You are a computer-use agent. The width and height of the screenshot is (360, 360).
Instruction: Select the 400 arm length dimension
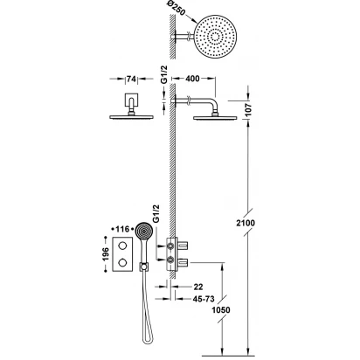pos(192,79)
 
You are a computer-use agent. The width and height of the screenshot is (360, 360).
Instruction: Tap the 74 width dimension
pos(131,79)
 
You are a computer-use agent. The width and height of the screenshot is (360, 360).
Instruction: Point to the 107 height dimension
pos(248,110)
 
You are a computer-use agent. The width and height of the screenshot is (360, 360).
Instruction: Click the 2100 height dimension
pos(246,223)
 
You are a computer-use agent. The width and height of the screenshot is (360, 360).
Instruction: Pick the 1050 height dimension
pos(221,310)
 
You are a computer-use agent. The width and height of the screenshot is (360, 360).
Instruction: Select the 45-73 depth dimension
pos(204,299)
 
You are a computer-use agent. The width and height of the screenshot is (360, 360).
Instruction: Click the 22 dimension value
pos(198,287)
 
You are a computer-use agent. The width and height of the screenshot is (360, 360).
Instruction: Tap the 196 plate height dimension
pos(105,254)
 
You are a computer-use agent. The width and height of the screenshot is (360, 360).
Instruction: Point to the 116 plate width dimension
pos(122,229)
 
